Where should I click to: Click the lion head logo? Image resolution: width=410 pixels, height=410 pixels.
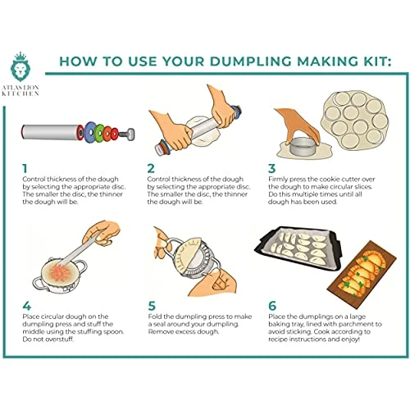20,71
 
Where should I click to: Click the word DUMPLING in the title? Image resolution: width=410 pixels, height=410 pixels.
251,61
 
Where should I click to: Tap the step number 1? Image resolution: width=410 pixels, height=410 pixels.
25,168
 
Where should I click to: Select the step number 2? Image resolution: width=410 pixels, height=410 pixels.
151,168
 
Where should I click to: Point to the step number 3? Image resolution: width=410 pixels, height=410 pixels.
271,168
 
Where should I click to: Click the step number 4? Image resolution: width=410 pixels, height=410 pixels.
26,306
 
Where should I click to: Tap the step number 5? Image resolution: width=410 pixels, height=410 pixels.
152,306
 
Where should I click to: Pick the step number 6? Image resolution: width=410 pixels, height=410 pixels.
272,306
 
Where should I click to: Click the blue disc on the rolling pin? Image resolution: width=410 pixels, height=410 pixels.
89,132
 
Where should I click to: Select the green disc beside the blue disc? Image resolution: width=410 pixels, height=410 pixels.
100,133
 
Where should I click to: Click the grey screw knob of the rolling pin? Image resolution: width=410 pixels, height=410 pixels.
128,134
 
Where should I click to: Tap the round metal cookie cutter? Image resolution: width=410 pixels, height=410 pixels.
303,147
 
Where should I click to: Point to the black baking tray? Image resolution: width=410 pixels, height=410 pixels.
298,248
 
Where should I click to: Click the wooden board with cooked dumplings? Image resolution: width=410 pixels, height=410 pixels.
362,270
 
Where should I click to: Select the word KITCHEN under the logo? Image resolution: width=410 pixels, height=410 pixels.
20,93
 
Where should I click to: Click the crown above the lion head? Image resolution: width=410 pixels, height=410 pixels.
20,57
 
